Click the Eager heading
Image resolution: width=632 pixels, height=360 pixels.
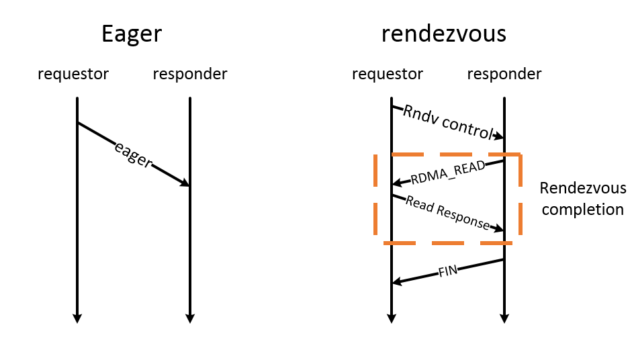click(132, 34)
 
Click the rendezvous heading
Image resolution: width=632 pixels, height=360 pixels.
click(444, 34)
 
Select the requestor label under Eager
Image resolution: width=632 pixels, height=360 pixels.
click(73, 73)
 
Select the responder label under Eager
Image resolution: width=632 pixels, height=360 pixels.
click(190, 73)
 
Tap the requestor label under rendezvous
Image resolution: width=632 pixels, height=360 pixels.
click(388, 73)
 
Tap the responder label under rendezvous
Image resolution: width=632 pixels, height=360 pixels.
click(504, 73)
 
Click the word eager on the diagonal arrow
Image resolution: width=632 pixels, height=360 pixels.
click(134, 154)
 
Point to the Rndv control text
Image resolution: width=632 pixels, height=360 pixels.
click(448, 122)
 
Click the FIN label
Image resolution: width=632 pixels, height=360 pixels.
click(448, 271)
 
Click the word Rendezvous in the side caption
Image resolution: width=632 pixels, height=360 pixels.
click(583, 188)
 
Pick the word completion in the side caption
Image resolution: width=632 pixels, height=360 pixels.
click(583, 210)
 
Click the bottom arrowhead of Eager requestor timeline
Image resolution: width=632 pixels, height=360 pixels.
click(77, 318)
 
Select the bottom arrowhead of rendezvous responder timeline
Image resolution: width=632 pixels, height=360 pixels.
click(504, 318)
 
